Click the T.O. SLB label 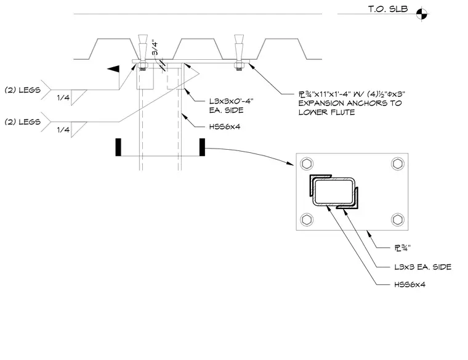(x=388, y=9)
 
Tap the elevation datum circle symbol (x=421, y=14)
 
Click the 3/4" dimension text (x=155, y=47)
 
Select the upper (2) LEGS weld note (x=23, y=90)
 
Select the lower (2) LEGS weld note (x=23, y=122)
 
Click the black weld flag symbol (x=113, y=69)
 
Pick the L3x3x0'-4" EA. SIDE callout (x=232, y=105)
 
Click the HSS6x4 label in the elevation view (x=225, y=126)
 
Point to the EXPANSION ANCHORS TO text (x=350, y=103)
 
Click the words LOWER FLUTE (x=327, y=112)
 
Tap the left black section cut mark (x=118, y=147)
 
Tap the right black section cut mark (x=202, y=147)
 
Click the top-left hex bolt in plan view (x=307, y=164)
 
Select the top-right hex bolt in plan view (x=398, y=164)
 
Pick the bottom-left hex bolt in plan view (x=307, y=219)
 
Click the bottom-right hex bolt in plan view (x=398, y=219)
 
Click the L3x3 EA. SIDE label (x=422, y=267)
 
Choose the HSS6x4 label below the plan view (x=409, y=284)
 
